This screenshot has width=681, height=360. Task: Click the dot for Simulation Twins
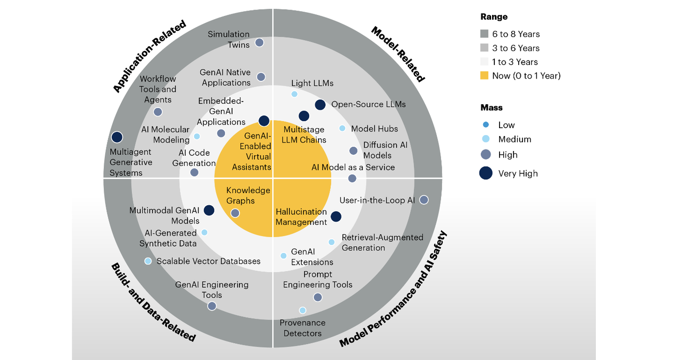(x=259, y=43)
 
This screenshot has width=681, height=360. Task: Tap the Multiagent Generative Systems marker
(x=117, y=137)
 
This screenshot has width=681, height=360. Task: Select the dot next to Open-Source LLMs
(x=320, y=105)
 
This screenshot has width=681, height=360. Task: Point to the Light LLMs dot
(x=294, y=94)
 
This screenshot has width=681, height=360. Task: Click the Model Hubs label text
(x=374, y=129)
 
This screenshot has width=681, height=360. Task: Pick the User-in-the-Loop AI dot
(x=424, y=200)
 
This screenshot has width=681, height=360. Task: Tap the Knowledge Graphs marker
(x=235, y=213)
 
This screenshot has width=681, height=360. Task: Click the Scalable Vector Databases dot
(x=148, y=261)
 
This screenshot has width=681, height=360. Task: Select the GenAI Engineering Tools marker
(x=212, y=306)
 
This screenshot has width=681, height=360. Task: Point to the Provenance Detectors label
(x=302, y=328)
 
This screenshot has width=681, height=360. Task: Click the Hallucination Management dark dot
(x=336, y=216)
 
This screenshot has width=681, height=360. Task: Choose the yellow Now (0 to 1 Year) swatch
(x=484, y=76)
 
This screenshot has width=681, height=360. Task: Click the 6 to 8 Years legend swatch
(x=484, y=34)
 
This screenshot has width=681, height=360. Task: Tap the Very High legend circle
(x=486, y=173)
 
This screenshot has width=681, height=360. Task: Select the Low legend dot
(x=486, y=125)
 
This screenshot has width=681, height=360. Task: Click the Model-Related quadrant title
(x=398, y=55)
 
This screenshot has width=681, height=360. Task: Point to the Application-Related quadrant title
(x=150, y=56)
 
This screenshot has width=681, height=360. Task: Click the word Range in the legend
(x=493, y=17)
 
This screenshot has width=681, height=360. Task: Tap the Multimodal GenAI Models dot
(x=209, y=211)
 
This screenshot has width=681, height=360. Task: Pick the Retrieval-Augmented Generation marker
(x=331, y=242)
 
